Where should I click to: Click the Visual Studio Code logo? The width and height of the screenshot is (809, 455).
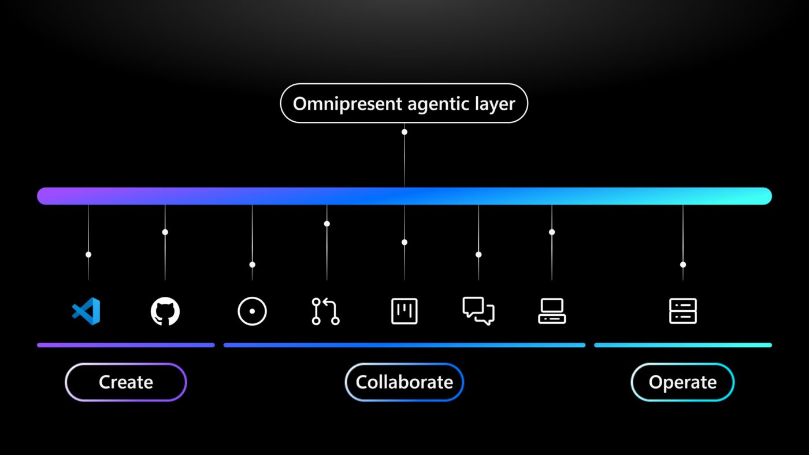coord(86,311)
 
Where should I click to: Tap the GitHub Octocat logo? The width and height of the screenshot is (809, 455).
coord(165,311)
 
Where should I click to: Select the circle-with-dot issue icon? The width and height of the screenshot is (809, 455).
coord(252,311)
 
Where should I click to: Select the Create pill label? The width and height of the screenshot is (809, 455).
coord(126,382)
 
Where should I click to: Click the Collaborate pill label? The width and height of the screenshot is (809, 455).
coord(404,382)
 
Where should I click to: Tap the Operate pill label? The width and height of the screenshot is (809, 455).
coord(682,382)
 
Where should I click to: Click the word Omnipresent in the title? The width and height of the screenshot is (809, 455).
coord(347,105)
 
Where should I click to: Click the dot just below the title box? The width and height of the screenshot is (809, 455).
coord(404,132)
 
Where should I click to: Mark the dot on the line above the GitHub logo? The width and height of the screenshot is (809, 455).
coord(165,232)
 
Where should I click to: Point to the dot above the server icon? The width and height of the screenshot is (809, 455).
coord(683,265)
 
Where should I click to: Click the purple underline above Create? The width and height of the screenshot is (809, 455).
coord(126,345)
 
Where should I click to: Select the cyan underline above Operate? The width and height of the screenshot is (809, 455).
coord(683,345)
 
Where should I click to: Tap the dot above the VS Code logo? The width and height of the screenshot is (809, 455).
coord(88,255)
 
